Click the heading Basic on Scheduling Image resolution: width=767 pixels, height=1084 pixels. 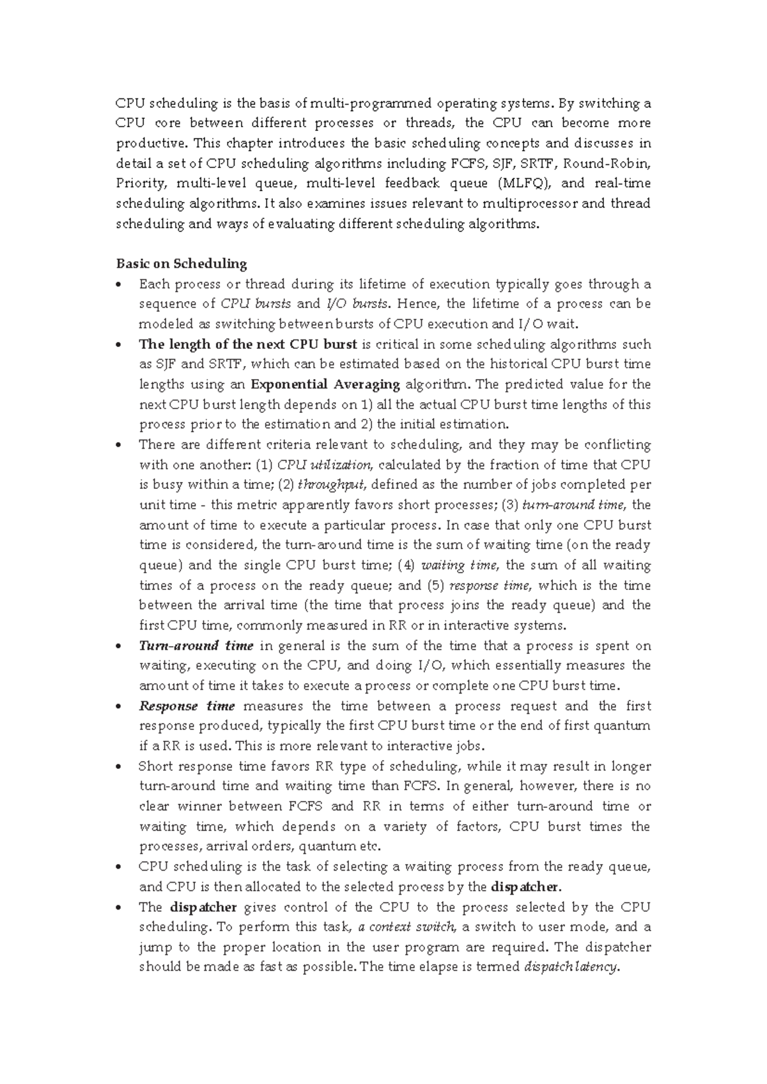click(181, 263)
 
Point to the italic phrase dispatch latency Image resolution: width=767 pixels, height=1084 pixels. click(571, 967)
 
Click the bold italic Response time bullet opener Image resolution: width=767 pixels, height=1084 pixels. click(187, 706)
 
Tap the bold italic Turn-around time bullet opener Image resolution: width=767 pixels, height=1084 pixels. click(196, 646)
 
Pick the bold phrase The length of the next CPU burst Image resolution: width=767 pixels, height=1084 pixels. click(248, 344)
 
